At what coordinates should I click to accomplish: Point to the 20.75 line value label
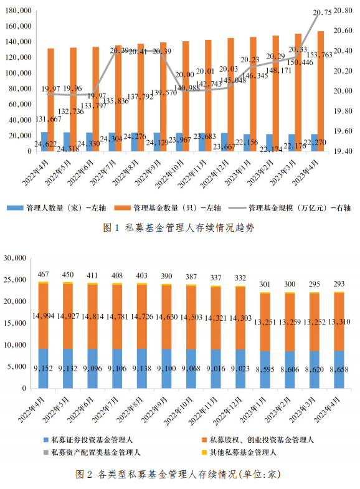point(322,12)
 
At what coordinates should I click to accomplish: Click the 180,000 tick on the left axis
point(18,11)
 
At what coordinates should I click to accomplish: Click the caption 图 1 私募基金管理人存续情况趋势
point(179,228)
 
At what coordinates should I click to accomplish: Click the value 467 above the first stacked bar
point(44,275)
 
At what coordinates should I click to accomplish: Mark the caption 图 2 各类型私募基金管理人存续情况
point(179,474)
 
